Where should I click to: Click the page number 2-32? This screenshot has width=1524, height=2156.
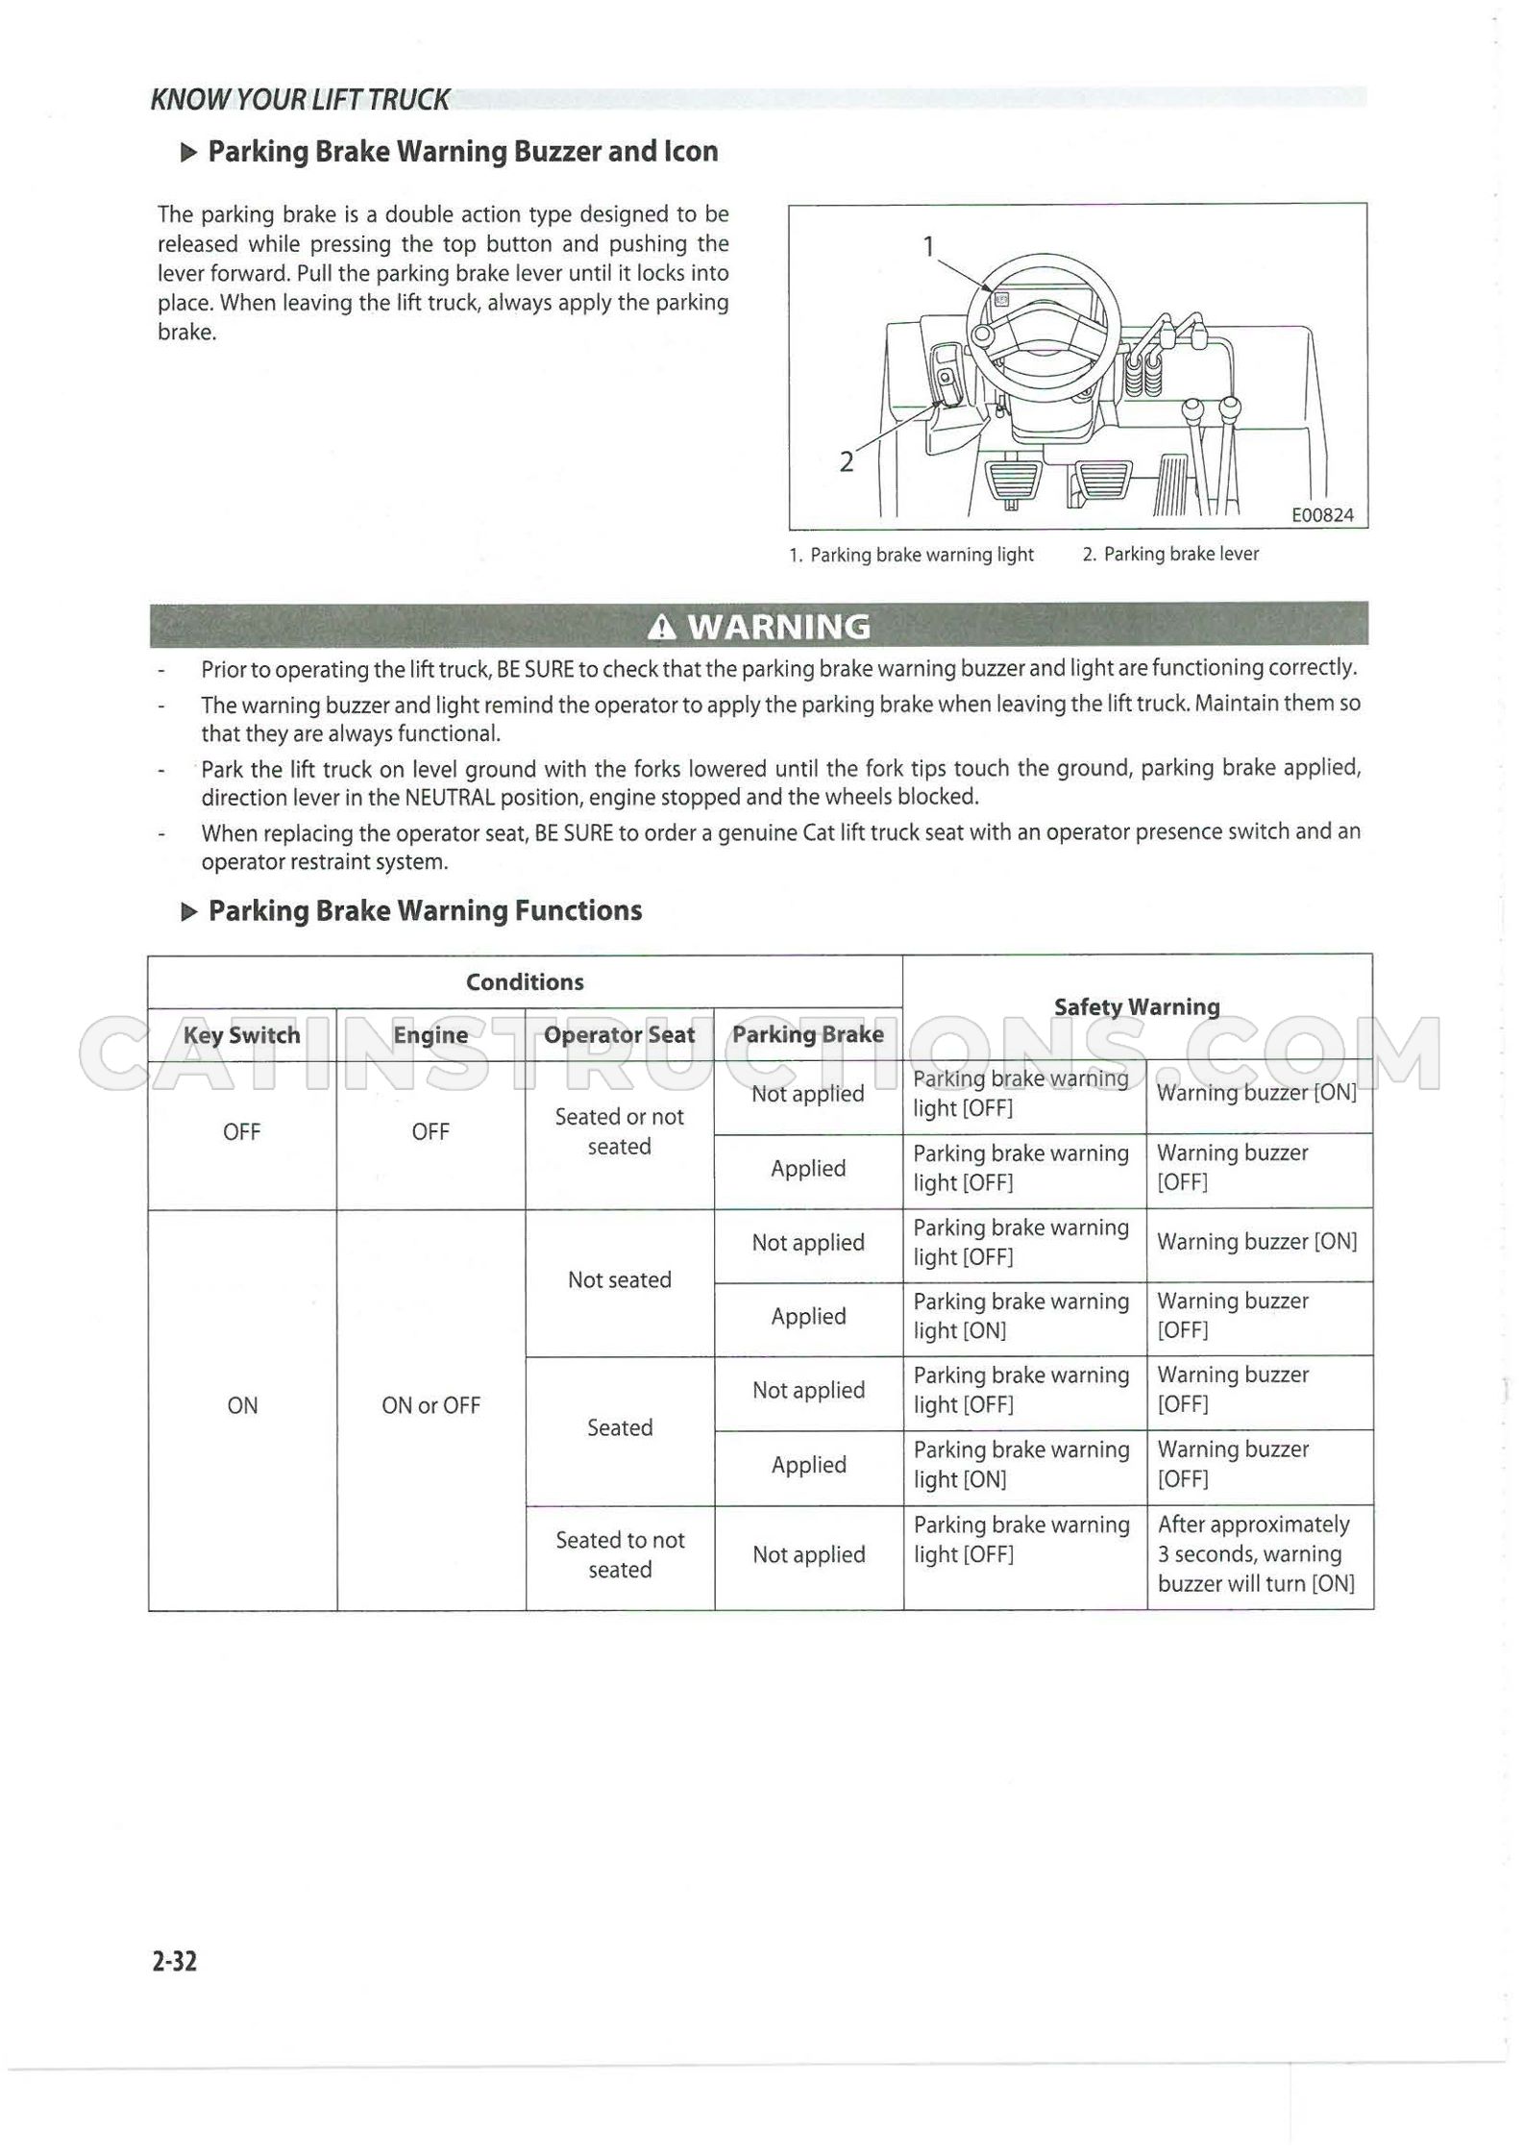[x=174, y=1961]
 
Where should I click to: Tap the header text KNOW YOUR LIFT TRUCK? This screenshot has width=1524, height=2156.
[x=300, y=99]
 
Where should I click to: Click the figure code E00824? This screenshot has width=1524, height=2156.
[x=1322, y=515]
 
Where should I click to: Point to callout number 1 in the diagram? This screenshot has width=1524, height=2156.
[x=928, y=247]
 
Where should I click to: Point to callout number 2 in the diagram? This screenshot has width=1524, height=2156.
[x=846, y=462]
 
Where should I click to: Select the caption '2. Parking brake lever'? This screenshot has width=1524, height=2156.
[x=1170, y=554]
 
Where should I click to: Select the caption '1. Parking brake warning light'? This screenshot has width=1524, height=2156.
[x=911, y=555]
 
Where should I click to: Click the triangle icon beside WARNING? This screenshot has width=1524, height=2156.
[x=662, y=628]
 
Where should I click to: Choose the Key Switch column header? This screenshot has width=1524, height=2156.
[x=242, y=1035]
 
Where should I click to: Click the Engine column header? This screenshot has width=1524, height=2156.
[x=430, y=1035]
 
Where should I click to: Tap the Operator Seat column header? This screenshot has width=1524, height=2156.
[x=619, y=1035]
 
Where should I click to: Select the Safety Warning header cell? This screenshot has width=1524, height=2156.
[x=1137, y=1006]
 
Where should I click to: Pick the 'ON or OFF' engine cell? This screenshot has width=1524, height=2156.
[x=430, y=1405]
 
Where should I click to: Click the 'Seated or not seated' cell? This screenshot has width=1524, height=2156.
[x=620, y=1131]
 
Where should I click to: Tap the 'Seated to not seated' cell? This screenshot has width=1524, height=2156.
[x=620, y=1554]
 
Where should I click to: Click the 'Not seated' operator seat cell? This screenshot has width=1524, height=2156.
[x=620, y=1279]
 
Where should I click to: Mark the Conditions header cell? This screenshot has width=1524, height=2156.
[x=525, y=981]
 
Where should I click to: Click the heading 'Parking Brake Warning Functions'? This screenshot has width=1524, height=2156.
[x=425, y=910]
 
